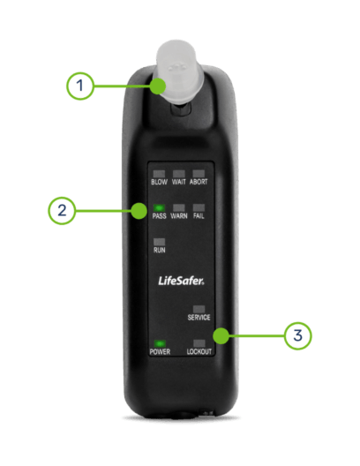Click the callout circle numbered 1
[80, 86]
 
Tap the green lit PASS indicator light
[159, 208]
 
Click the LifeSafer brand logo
[179, 281]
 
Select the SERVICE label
[199, 317]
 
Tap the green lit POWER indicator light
[159, 342]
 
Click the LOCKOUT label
[199, 352]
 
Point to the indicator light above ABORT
[199, 173]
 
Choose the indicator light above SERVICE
[199, 308]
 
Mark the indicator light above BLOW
[159, 173]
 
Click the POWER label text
[159, 352]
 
